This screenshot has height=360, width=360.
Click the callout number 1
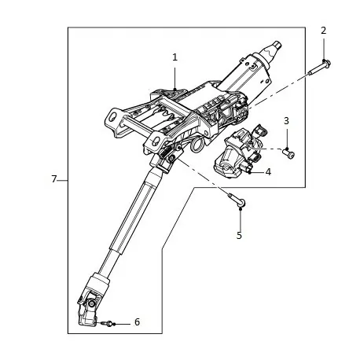click(x=174, y=57)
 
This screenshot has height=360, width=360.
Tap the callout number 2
click(x=323, y=30)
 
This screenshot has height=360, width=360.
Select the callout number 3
click(x=286, y=120)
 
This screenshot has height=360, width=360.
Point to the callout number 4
click(x=267, y=171)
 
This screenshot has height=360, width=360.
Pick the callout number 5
click(x=239, y=234)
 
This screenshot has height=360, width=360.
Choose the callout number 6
click(x=137, y=321)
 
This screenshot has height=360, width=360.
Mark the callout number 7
click(x=54, y=179)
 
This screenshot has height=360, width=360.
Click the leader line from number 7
click(x=63, y=179)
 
